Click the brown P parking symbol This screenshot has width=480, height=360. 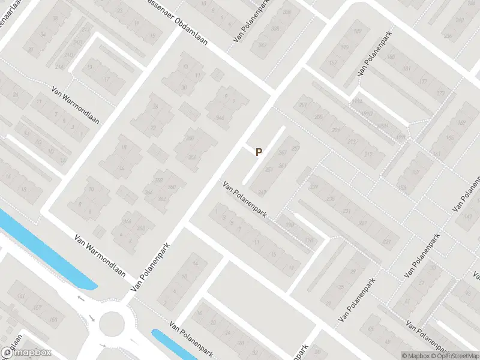point(259,152)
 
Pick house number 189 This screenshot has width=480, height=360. point(358,31)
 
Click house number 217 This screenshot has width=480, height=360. point(368,154)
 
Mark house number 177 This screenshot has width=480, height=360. point(424,82)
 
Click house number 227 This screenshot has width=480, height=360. point(362,223)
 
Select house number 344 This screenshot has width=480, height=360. point(220,118)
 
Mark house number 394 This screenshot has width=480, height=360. point(287,12)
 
